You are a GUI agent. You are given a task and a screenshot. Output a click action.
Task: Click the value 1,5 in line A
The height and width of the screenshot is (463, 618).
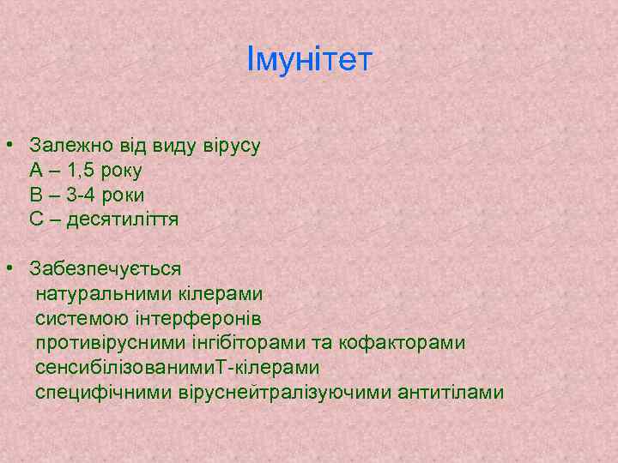pyautogui.click(x=88, y=170)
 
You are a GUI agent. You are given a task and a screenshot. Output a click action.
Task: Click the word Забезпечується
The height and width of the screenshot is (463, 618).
pyautogui.click(x=106, y=268)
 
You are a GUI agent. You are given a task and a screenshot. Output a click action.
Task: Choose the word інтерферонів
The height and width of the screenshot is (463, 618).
pyautogui.click(x=180, y=318)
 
